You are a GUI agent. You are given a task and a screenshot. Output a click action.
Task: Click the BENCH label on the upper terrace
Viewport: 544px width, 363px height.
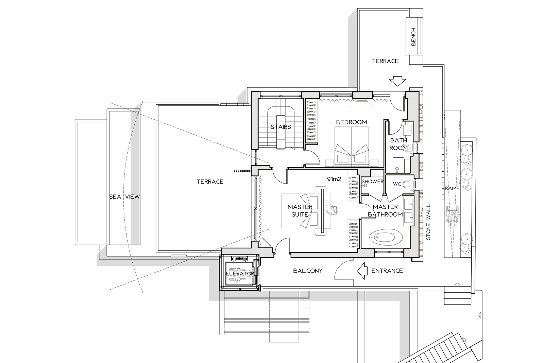coord(413,37)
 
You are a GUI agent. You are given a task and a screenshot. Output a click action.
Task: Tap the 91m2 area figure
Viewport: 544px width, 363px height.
coord(334,179)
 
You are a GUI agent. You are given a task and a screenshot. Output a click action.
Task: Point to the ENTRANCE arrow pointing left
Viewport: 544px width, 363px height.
coord(362,271)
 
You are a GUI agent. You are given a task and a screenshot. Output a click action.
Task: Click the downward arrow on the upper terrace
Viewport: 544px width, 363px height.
coord(397,81)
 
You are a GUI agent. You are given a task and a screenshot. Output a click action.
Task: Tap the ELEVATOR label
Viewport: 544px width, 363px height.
coord(240,274)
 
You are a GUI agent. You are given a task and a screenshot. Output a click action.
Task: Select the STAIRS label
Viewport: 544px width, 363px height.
coord(281,127)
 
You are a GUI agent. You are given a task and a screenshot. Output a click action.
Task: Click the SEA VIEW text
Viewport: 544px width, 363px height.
coord(124,197)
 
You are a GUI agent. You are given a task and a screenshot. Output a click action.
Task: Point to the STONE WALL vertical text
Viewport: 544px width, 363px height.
coord(428,222)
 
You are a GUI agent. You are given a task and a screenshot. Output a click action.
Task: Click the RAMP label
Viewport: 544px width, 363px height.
coord(452,188)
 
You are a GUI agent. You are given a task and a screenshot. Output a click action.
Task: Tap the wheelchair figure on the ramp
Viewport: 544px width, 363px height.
coord(452,216)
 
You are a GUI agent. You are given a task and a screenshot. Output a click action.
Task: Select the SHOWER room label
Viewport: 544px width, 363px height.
coord(373,181)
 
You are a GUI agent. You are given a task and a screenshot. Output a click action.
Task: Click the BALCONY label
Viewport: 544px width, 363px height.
coord(308,271)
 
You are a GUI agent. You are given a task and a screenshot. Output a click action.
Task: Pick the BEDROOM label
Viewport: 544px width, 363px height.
coord(352,122)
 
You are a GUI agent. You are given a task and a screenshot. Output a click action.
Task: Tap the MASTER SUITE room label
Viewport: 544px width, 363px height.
coord(300,210)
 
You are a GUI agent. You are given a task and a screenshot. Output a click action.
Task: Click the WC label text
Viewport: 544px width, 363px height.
coord(397,184)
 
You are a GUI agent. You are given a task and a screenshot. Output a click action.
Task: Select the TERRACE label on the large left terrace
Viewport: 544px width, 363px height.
coord(210,181)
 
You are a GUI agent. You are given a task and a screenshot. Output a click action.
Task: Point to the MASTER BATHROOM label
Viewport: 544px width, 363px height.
coord(385,210)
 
